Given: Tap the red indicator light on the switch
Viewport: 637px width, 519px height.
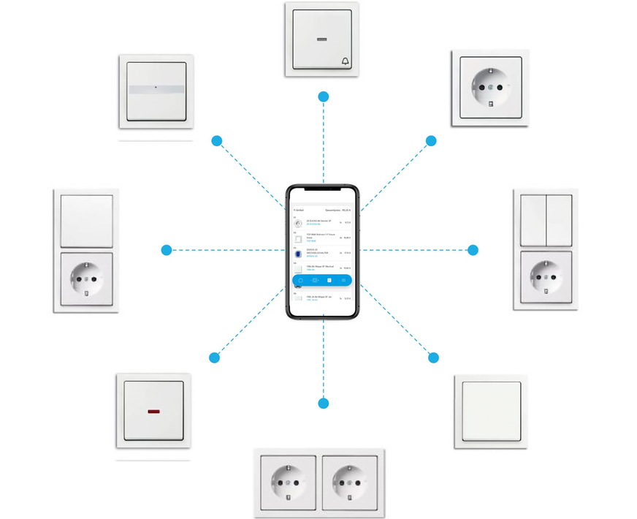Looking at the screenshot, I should point(155,412).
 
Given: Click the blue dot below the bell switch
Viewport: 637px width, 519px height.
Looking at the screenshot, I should point(324,96).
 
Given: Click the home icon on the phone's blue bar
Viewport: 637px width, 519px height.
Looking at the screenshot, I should point(300,280).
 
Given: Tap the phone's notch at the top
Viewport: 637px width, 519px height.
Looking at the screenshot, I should point(323,189).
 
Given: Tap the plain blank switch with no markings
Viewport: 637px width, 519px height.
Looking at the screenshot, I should point(488,411).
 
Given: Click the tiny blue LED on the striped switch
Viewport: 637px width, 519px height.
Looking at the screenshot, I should point(156,88).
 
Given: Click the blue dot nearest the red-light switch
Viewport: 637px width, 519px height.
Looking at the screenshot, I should point(214,357).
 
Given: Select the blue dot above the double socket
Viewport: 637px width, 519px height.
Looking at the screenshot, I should point(324,403).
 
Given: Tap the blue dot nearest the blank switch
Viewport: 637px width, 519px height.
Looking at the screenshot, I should point(433,357).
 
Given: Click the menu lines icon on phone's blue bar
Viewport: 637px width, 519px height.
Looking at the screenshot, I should point(344,280).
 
